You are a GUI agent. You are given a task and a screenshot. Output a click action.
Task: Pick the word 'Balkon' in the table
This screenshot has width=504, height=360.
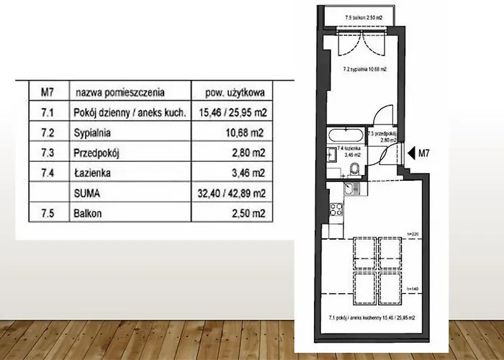[89, 214]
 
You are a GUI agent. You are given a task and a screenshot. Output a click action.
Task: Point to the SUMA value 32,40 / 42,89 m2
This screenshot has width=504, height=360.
[233, 194]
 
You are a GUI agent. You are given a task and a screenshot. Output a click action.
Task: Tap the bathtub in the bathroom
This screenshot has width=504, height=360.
[346, 135]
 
